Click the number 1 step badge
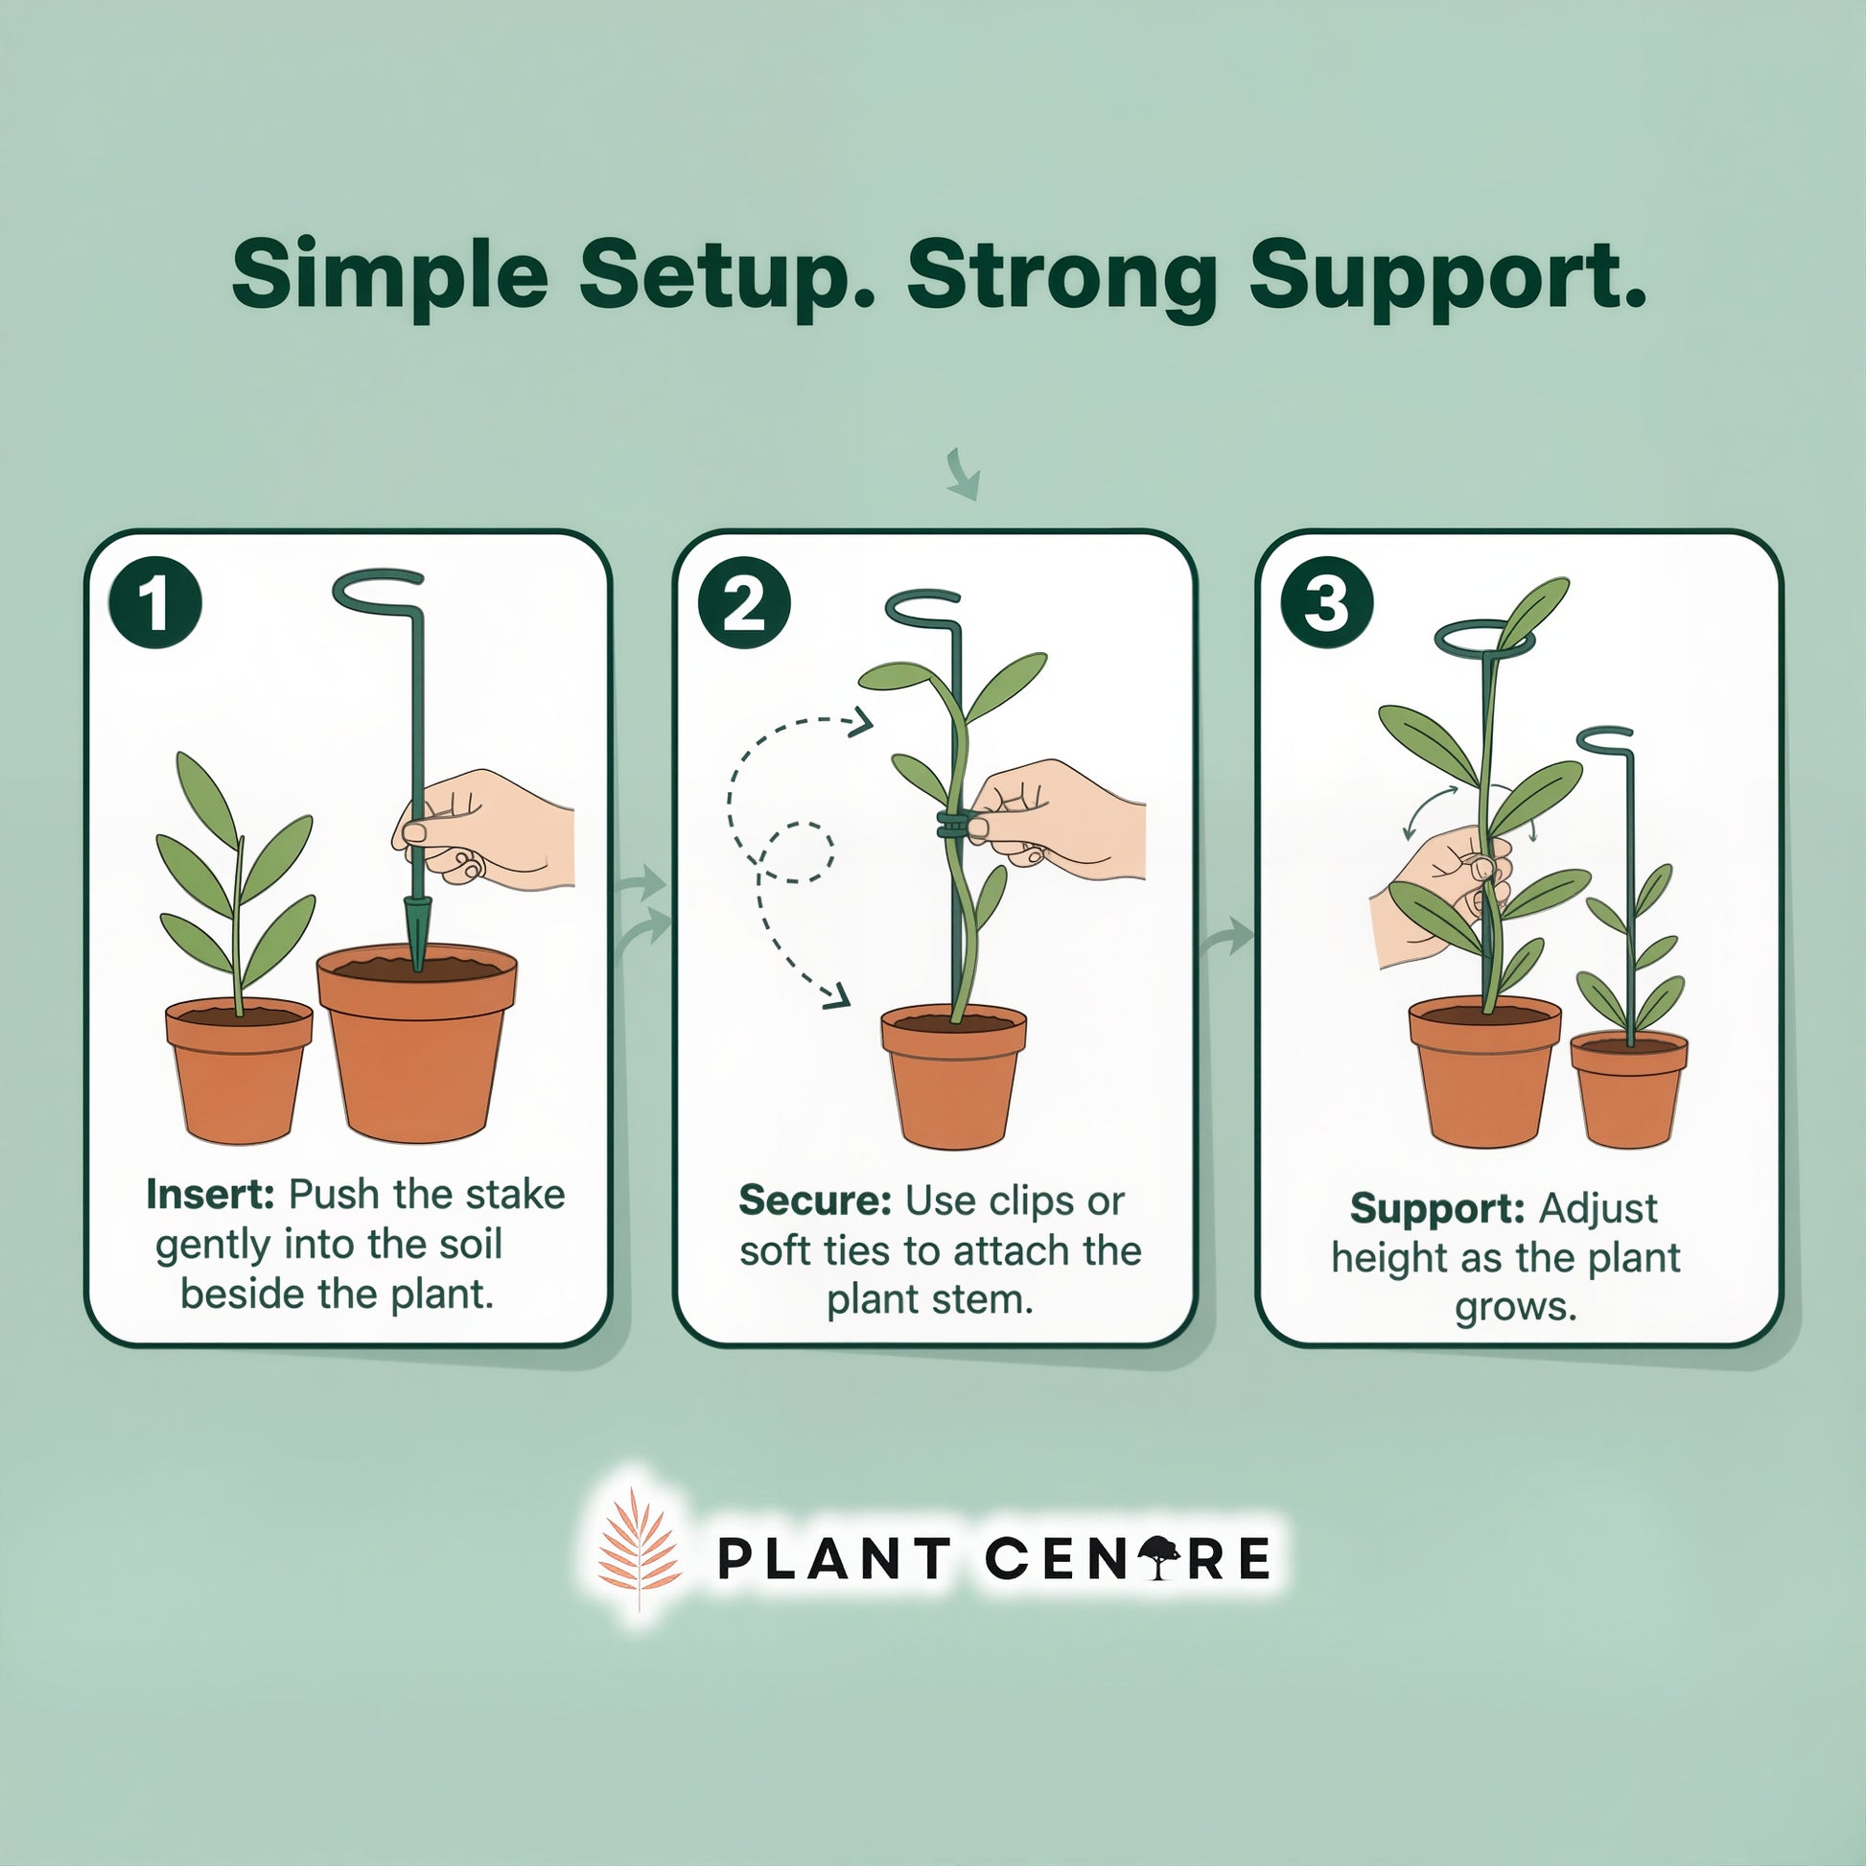click(155, 603)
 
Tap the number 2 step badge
click(744, 605)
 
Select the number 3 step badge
click(1326, 603)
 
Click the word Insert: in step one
click(211, 1195)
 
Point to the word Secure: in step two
click(815, 1201)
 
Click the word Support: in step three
click(1437, 1209)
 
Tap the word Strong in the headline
click(1062, 277)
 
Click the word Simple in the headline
click(390, 277)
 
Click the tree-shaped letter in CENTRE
click(1159, 1558)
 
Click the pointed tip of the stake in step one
click(417, 968)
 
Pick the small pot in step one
click(239, 1071)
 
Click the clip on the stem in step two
click(953, 826)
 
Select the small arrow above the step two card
click(964, 475)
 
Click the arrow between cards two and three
click(1226, 936)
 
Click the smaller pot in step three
click(1628, 1089)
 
